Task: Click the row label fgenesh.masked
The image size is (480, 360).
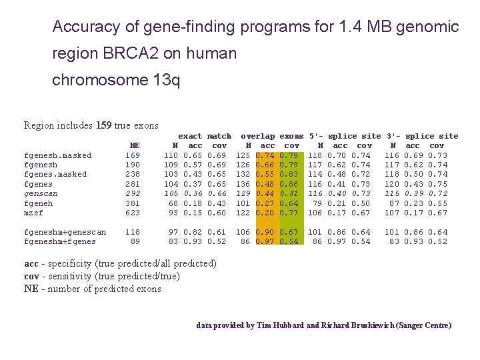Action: click(x=57, y=155)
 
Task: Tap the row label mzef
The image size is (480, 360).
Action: click(x=33, y=213)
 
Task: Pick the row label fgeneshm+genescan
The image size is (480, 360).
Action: click(x=65, y=232)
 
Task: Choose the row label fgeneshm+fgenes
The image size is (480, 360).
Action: click(x=59, y=241)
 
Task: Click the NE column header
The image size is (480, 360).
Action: click(x=135, y=145)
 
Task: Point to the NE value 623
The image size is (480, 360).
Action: click(x=133, y=213)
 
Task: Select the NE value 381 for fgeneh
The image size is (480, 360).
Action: click(x=133, y=203)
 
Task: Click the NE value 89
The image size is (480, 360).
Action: click(x=135, y=241)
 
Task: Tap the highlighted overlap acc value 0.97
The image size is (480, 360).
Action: click(x=267, y=241)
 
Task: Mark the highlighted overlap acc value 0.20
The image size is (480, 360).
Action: click(x=267, y=213)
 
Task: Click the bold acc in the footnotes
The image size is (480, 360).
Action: click(x=32, y=263)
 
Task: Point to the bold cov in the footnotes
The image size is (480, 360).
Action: click(x=32, y=276)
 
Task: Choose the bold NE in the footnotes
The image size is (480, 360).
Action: click(x=31, y=289)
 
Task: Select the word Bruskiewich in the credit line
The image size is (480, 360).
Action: click(x=363, y=325)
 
